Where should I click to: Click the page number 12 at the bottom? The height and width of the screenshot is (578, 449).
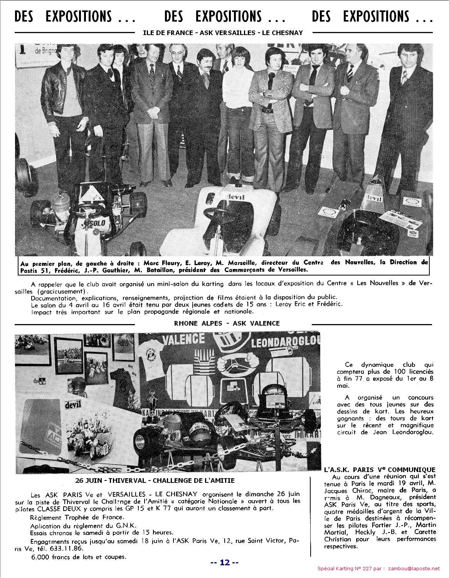(224, 562)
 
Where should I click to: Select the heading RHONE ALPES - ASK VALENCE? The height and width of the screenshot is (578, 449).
(227, 323)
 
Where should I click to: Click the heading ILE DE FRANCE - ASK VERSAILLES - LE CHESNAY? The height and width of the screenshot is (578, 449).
(223, 33)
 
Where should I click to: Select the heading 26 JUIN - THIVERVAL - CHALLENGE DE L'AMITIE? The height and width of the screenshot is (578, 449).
(155, 481)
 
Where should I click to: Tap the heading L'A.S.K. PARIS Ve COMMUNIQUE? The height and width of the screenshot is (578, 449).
(380, 470)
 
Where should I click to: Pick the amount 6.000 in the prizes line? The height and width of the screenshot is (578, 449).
(40, 557)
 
